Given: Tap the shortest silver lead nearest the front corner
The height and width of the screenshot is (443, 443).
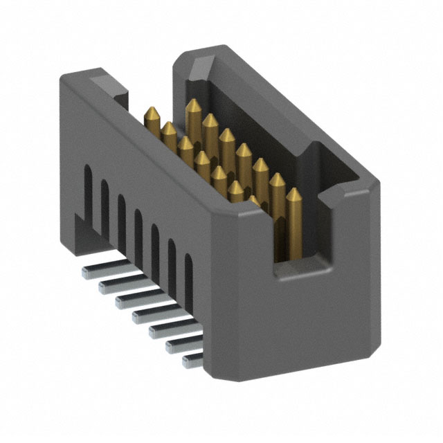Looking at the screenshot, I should [192, 360].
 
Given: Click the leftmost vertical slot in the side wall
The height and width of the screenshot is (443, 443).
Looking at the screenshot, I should [88, 188].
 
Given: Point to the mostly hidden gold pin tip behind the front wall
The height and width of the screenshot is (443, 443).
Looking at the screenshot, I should [254, 199].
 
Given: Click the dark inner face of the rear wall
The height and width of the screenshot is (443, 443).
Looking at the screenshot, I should [263, 118].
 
